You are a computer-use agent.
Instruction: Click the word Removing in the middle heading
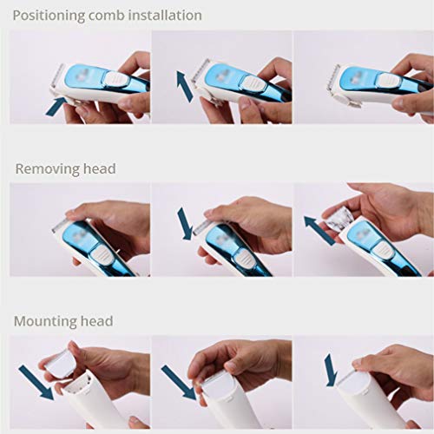pyautogui.click(x=44, y=168)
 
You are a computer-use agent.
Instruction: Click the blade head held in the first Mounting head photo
pyautogui.click(x=64, y=361)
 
